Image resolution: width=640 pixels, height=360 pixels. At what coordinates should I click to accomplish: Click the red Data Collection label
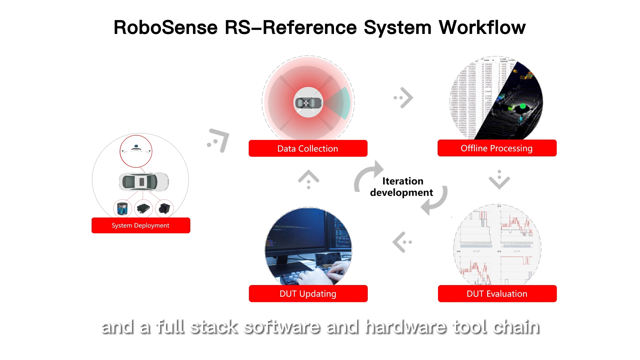tap(308, 148)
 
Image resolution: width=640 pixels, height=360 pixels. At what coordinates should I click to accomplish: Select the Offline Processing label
tap(497, 148)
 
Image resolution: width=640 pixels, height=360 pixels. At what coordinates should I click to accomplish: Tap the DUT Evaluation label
tap(497, 294)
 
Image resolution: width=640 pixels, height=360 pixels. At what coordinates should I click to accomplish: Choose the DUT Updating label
tap(308, 294)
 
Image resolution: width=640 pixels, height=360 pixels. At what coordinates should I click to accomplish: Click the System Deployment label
tap(141, 225)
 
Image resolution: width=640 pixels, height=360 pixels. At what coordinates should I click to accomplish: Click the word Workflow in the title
tap(482, 27)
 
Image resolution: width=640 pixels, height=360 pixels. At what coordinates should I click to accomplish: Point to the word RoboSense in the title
tap(166, 27)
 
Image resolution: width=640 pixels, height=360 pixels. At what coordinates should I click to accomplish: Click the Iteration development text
tap(402, 187)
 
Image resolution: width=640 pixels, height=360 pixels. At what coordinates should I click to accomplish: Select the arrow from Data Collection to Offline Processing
tap(404, 98)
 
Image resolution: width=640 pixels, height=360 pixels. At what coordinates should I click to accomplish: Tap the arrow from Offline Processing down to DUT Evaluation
tap(499, 180)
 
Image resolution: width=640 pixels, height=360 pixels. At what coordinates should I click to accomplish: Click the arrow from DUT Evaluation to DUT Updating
tap(402, 242)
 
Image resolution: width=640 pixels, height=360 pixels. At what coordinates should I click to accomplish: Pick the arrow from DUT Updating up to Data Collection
tap(309, 179)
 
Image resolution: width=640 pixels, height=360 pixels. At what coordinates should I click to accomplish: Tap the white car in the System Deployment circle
tap(144, 182)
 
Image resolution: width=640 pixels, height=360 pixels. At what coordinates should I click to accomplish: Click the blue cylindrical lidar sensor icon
tap(122, 209)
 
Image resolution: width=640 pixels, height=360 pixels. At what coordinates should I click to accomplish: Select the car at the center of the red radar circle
tap(308, 103)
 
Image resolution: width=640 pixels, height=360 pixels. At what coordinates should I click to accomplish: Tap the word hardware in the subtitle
tap(406, 327)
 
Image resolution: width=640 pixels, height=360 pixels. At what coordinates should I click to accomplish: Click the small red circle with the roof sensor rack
tap(136, 151)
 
